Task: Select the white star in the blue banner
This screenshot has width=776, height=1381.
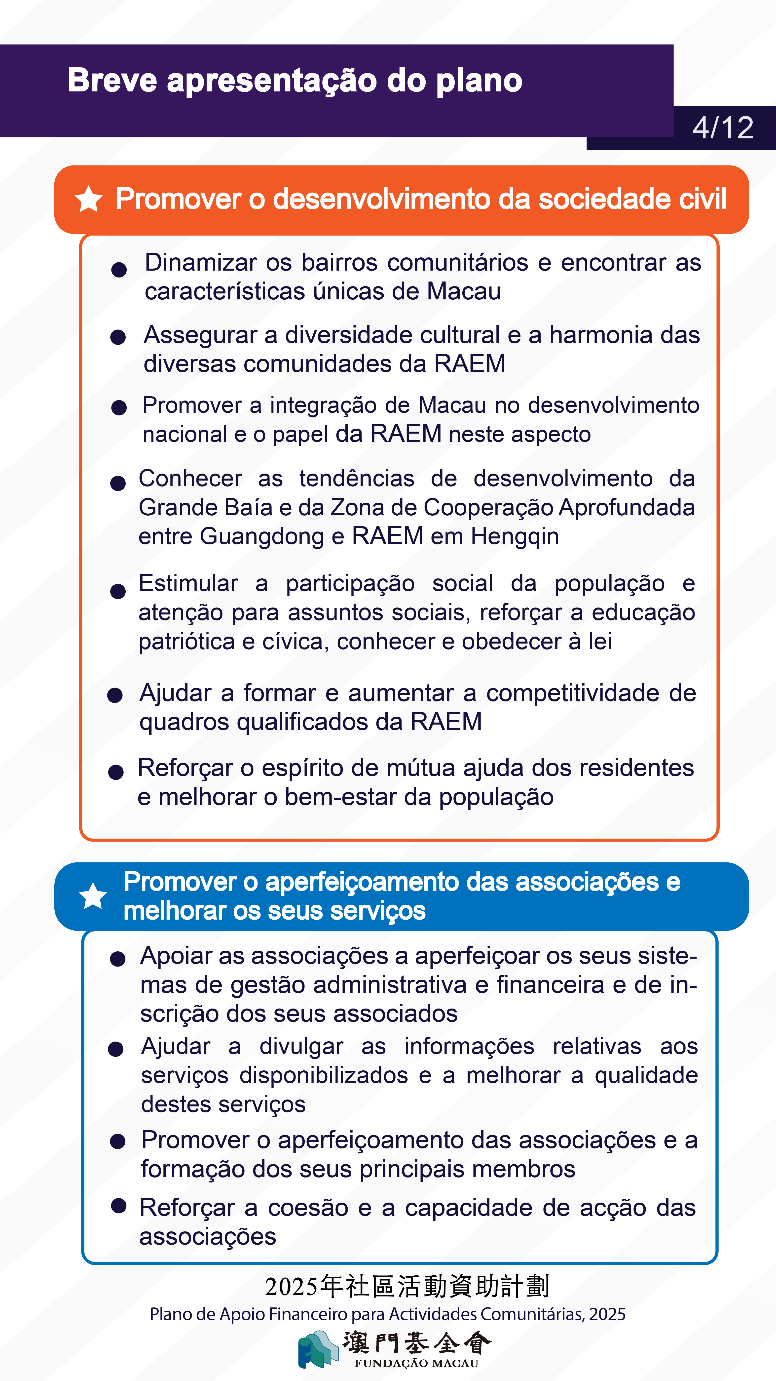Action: click(93, 896)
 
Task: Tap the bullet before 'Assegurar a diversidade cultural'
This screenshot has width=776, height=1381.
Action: click(118, 337)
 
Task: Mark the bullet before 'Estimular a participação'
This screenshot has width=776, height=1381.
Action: click(118, 591)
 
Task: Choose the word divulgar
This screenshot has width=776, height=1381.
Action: click(301, 1047)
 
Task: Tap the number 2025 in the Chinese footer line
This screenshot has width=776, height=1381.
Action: click(292, 1287)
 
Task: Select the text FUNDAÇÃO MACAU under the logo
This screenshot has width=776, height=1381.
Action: click(416, 1363)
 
